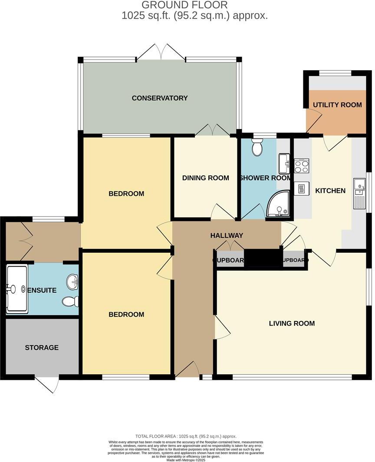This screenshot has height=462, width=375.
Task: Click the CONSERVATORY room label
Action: (x=160, y=98)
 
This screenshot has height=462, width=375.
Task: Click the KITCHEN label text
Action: (x=330, y=191)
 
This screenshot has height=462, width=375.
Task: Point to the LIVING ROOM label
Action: (x=292, y=323)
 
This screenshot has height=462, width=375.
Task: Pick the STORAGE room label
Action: (x=42, y=347)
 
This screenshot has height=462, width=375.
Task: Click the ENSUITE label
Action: (x=42, y=290)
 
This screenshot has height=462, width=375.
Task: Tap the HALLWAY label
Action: (x=227, y=235)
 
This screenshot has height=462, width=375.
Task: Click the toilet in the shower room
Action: (x=257, y=148)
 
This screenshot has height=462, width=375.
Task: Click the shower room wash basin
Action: (x=285, y=162)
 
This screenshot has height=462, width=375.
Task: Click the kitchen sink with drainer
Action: (x=360, y=194)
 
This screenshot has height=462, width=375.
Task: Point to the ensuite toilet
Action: (x=70, y=301)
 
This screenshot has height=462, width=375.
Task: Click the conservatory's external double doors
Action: (x=161, y=53)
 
